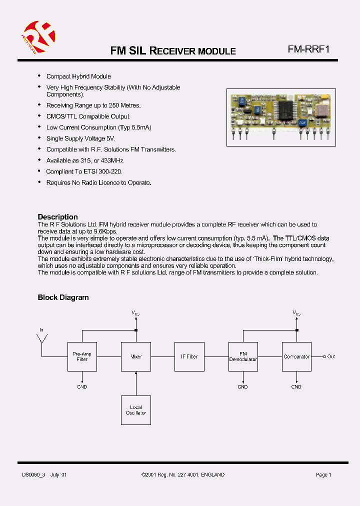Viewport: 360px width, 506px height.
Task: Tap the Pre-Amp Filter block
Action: click(x=82, y=356)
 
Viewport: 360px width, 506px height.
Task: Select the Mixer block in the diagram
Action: click(x=136, y=356)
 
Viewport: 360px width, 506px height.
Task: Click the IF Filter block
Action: click(x=189, y=356)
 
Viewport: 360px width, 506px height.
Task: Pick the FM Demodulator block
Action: click(x=243, y=356)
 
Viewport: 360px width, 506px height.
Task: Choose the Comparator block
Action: click(x=296, y=356)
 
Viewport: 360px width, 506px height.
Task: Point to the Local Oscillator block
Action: click(x=136, y=410)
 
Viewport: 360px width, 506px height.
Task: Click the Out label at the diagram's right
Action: click(x=331, y=356)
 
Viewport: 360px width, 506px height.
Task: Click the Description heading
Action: click(x=58, y=217)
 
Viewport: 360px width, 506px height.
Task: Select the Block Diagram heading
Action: click(x=63, y=297)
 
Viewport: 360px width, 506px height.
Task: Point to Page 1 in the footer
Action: click(x=323, y=474)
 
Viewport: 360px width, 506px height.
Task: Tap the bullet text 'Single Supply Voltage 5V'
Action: click(x=80, y=138)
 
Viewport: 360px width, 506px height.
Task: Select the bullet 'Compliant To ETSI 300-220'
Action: click(x=84, y=171)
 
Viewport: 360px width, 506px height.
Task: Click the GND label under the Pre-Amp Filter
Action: click(x=82, y=386)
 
